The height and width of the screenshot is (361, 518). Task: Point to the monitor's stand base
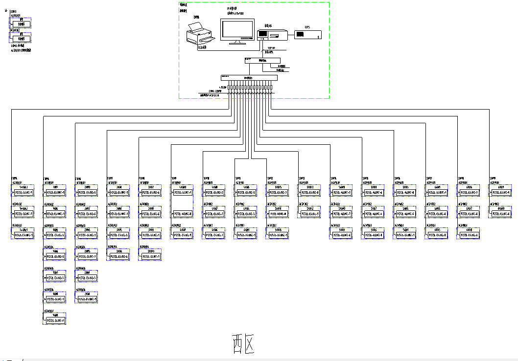tap(237, 43)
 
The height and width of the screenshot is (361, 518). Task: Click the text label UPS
tap(307, 27)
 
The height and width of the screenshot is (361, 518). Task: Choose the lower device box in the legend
tap(21, 38)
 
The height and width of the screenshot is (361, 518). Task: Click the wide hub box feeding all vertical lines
tap(249, 77)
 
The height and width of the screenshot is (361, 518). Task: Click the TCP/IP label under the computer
tap(271, 48)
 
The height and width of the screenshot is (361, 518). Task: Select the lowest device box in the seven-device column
tap(55, 320)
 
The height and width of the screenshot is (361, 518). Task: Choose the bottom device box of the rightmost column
tap(501, 214)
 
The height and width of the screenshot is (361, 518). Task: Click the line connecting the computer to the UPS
tap(291, 34)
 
